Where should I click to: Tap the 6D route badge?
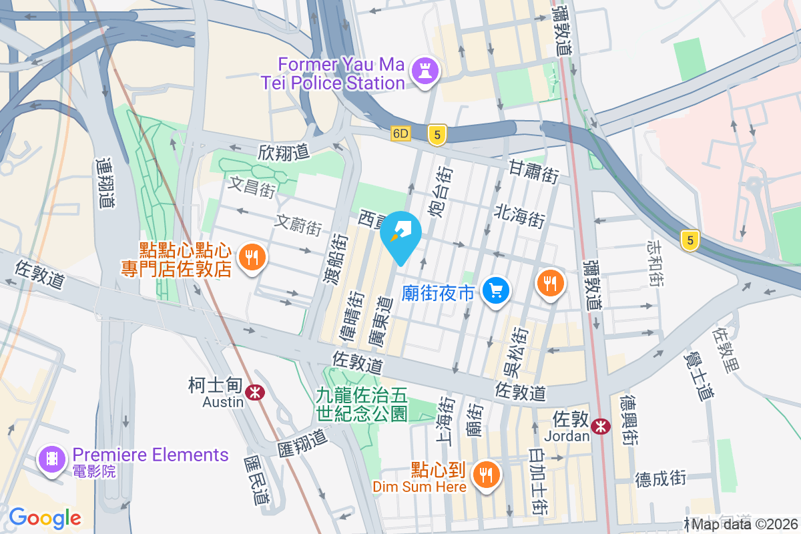coord(400,133)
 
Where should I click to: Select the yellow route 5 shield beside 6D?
coord(437,136)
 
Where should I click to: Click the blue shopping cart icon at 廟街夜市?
coord(496,291)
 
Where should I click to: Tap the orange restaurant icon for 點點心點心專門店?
coord(252,257)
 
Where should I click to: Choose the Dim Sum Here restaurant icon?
coord(485,475)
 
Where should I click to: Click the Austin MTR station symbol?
coord(254,392)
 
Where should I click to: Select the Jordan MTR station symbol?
coord(601,425)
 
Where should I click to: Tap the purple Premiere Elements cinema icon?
coord(51,459)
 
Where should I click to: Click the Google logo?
coord(45,517)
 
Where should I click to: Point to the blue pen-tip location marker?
coord(400,234)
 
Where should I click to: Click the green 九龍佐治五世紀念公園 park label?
coord(362,405)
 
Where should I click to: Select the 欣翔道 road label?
coord(284,152)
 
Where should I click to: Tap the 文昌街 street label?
coord(252,186)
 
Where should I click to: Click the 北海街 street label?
coord(520,215)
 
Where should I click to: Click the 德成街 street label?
coord(660,477)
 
